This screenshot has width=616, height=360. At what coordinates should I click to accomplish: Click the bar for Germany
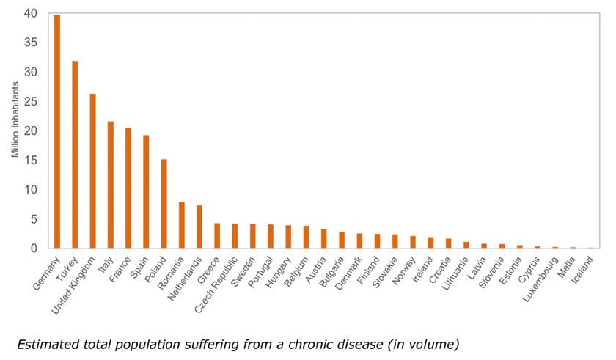coord(57,132)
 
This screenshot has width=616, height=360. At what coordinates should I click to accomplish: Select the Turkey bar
coord(75,155)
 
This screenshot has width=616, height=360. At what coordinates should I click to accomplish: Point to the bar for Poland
coord(164,204)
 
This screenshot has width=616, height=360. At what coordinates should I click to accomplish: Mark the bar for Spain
coord(146,191)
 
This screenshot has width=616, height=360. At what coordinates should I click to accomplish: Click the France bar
coord(128,188)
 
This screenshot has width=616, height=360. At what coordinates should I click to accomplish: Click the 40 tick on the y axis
coord(30,13)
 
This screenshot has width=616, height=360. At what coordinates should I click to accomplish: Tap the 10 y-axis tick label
coord(30,190)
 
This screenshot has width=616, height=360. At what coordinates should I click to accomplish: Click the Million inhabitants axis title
coord(15,131)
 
